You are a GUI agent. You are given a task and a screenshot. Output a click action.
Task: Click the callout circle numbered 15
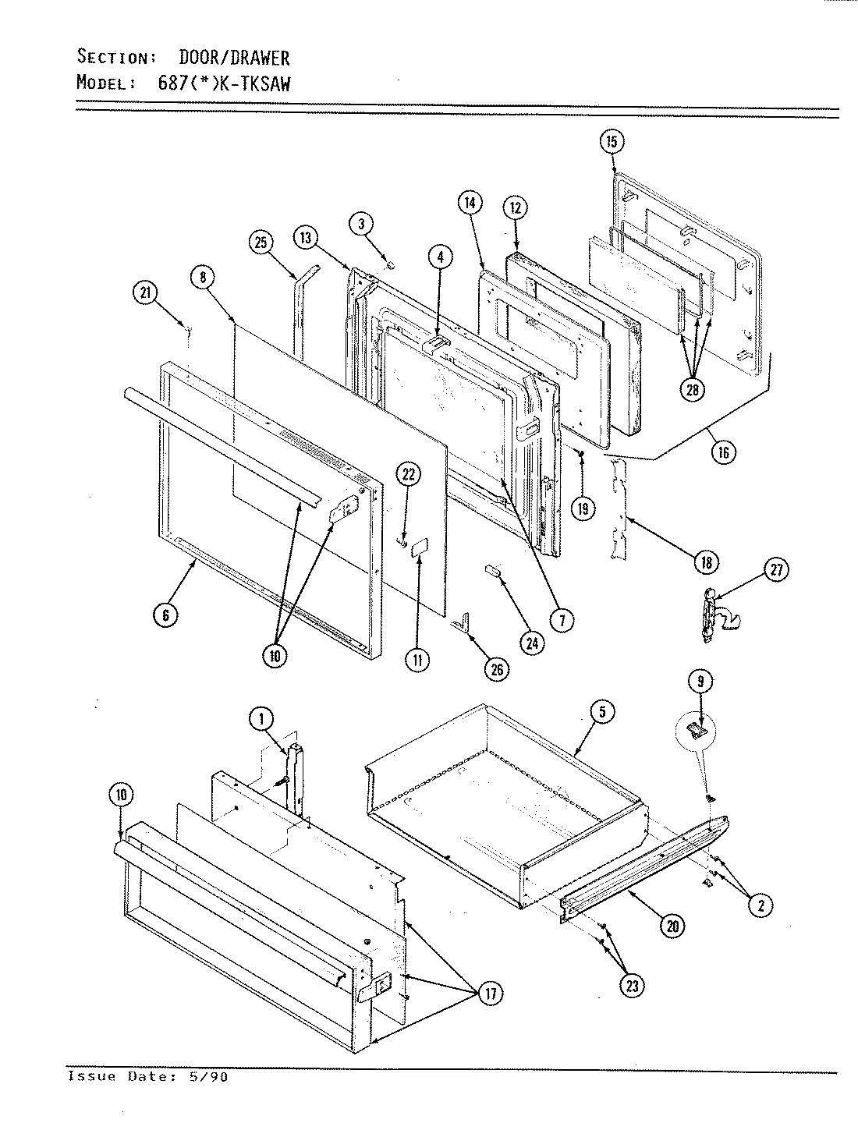612,141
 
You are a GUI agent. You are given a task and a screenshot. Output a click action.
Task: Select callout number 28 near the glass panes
692,390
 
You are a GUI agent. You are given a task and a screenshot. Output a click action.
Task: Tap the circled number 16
725,452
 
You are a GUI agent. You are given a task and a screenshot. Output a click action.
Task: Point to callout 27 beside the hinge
776,570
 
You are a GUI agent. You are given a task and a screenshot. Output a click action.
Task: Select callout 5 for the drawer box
602,711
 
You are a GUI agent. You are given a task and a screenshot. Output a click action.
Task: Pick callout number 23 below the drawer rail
632,986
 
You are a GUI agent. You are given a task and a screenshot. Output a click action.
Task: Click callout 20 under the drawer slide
672,926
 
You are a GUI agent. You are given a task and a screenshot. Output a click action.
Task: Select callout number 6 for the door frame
165,615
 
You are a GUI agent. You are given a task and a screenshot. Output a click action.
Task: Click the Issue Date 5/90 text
148,1077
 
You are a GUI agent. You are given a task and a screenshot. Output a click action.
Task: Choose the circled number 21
145,293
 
